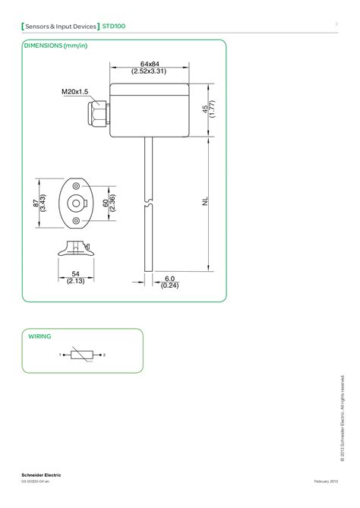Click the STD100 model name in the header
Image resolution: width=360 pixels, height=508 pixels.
(115, 27)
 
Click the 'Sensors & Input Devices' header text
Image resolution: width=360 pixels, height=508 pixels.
(61, 27)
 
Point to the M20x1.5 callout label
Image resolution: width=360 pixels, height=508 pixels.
(74, 92)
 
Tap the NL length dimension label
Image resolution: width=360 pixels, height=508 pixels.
(206, 202)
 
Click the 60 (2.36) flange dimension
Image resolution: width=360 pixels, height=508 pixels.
(110, 203)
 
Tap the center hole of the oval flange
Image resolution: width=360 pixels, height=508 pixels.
(75, 203)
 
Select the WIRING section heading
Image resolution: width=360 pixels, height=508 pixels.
(39, 335)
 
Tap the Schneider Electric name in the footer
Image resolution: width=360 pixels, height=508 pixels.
(41, 475)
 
